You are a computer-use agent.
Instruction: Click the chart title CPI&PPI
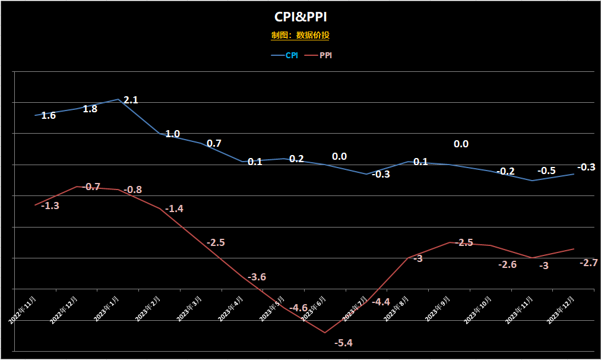300,17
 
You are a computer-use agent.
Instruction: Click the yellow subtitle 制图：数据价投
300,35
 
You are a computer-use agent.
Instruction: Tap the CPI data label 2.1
131,100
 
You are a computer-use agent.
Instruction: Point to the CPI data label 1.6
49,115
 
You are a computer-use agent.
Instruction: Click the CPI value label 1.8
90,109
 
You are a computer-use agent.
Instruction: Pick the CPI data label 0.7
214,143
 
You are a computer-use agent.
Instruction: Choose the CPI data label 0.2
296,159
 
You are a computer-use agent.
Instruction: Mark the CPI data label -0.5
546,171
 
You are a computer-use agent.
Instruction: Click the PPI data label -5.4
343,343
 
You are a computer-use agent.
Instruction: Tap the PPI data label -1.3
50,206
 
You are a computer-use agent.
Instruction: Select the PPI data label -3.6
257,277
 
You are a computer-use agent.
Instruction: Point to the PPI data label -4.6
298,308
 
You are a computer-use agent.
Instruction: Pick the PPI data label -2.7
589,263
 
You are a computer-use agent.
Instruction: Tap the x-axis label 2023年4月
231,308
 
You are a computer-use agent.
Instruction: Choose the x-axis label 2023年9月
438,308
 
